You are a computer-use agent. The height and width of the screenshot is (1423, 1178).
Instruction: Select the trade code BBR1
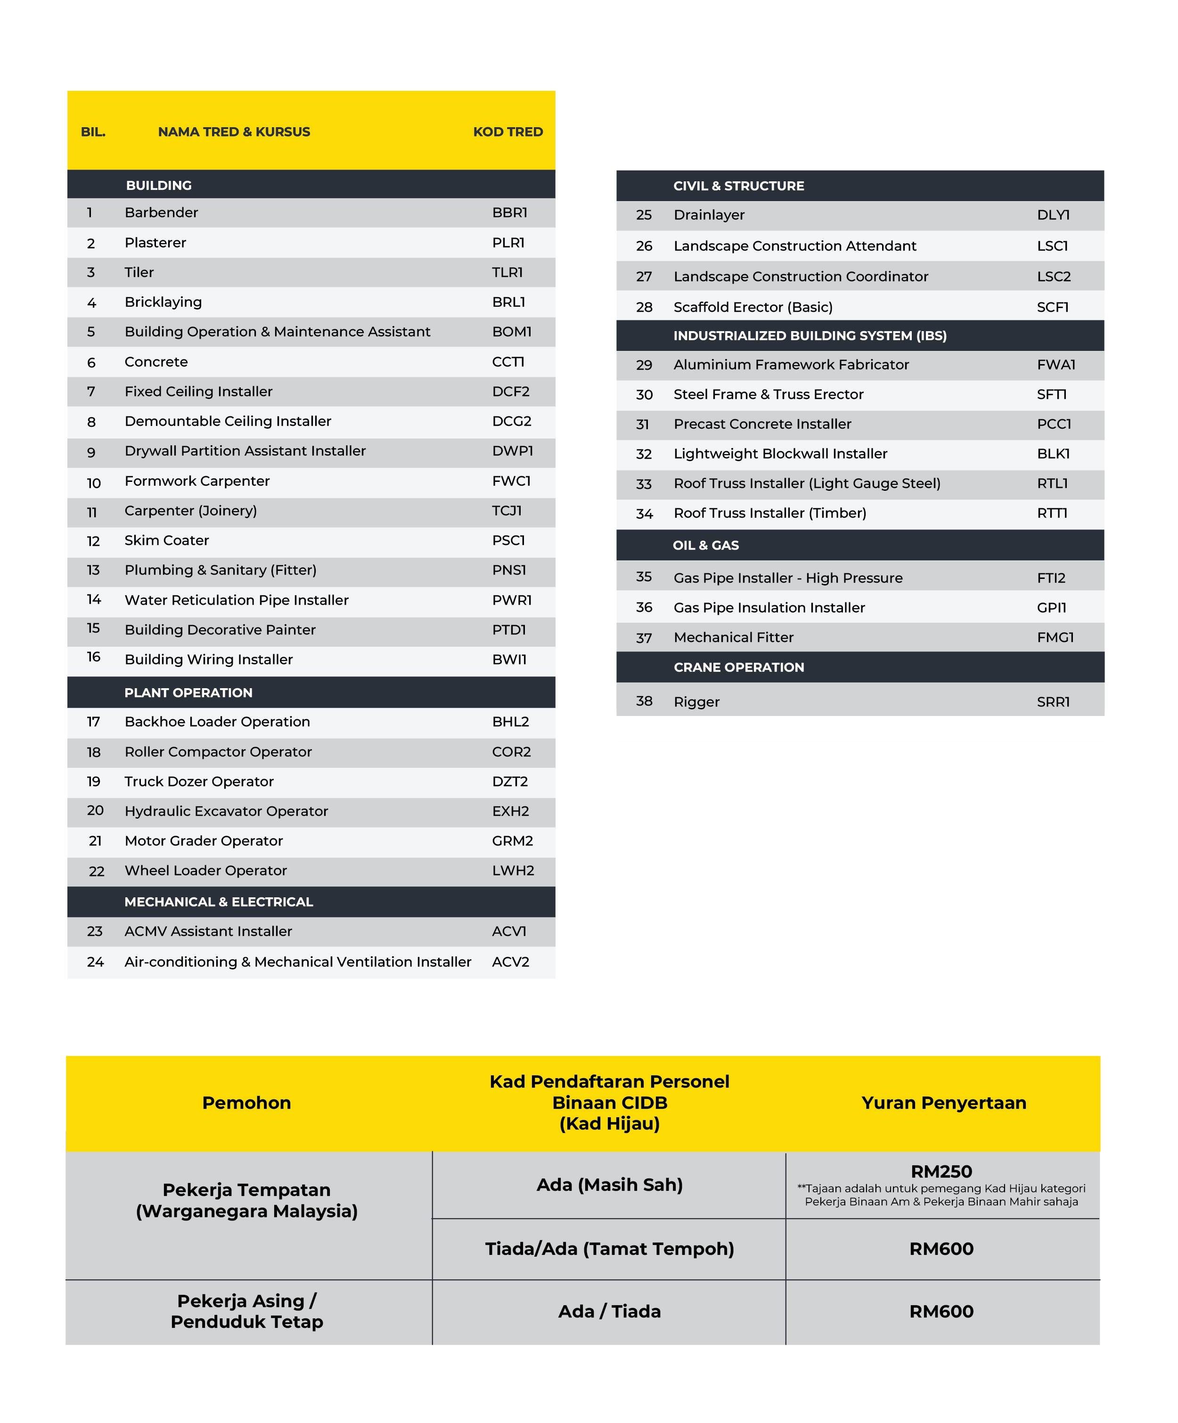509,213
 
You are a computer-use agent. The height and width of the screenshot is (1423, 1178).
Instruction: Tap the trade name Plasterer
155,243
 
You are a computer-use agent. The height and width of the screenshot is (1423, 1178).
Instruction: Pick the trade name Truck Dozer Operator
198,781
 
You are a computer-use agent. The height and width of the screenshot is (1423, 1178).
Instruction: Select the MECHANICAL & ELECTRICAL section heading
218,902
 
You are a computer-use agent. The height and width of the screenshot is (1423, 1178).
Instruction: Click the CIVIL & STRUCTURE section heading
738,186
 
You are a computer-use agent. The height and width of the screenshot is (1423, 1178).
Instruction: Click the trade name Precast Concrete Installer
762,424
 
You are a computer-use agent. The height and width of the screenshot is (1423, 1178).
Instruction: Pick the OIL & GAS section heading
705,545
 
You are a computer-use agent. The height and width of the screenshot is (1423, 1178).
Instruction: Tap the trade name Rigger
696,702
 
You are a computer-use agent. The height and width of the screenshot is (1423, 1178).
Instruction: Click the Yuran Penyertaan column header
943,1103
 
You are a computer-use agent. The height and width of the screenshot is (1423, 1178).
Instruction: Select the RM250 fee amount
941,1171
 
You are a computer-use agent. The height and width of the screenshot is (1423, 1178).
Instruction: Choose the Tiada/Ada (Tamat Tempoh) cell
609,1248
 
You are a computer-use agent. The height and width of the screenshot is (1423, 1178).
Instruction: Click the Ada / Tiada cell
609,1311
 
